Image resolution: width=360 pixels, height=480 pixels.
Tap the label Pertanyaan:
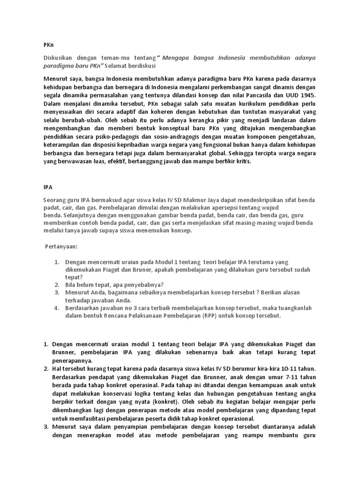coord(61,246)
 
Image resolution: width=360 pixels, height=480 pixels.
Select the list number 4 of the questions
coord(56,308)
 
